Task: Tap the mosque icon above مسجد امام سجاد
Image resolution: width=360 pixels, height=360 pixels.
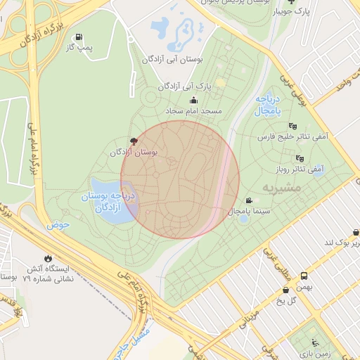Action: coord(193,100)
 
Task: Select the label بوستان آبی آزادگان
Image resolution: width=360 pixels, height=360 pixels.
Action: coord(172,60)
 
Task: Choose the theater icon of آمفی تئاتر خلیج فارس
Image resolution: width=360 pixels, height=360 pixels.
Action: coord(292,127)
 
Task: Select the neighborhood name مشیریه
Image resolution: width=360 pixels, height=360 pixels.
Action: coord(281,188)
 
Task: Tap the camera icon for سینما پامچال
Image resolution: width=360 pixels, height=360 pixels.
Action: coord(248,201)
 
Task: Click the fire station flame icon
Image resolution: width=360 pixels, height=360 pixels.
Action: coord(48,258)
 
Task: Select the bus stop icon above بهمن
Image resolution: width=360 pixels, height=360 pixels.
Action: coord(304,276)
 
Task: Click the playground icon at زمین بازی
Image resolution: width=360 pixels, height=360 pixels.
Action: coord(315,344)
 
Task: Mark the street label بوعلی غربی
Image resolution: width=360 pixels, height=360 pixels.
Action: coord(294,88)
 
